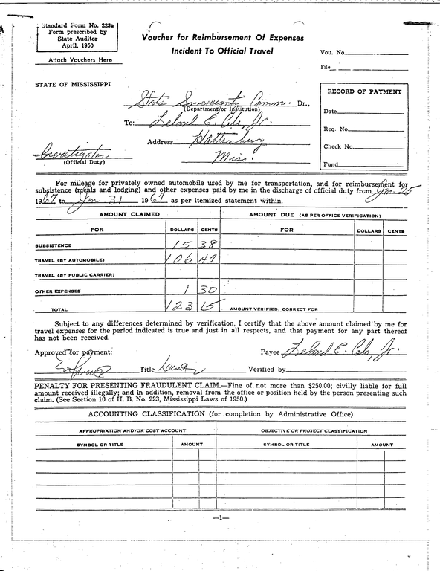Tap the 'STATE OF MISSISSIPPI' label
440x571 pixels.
coord(73,84)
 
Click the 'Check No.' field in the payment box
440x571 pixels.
coord(338,146)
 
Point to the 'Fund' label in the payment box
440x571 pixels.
coord(331,164)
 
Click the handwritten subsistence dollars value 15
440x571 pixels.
coord(179,243)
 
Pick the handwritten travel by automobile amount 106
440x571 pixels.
coord(176,259)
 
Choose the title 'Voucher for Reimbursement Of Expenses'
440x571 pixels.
coord(223,38)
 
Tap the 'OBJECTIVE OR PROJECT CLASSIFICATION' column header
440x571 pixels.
coord(314,430)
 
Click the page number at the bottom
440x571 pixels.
coord(220,517)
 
